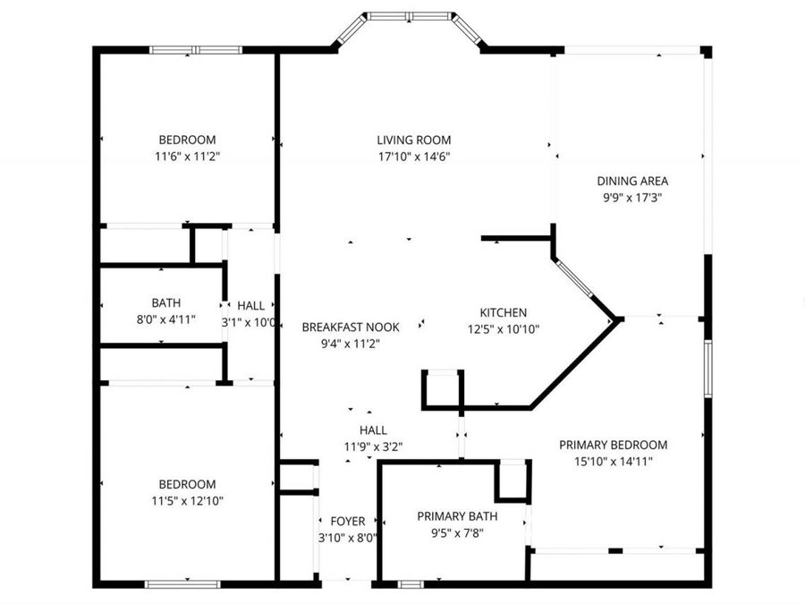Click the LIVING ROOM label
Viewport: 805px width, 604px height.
coord(414,140)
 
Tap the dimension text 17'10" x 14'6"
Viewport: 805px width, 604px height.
coord(414,157)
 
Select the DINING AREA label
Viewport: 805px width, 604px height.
coord(632,181)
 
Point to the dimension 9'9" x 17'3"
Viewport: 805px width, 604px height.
coord(632,198)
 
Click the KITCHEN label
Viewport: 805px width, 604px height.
coord(503,312)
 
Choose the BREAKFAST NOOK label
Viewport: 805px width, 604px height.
coord(351,328)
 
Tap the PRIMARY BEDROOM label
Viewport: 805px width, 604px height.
coord(614,445)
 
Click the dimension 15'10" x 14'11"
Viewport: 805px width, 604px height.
coord(614,461)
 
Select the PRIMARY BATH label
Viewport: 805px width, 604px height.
coord(457,516)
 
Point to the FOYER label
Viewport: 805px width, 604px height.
coord(348,522)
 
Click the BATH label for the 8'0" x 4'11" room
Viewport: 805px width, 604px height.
coord(165,302)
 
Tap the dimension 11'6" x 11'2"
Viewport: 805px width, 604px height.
coord(188,157)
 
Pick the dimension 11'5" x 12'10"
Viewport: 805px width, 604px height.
coord(188,501)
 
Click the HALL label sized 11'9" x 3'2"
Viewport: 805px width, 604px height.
coord(373,430)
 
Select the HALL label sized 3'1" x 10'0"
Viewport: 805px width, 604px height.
coord(251,306)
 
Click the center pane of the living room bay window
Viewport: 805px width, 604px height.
coord(410,16)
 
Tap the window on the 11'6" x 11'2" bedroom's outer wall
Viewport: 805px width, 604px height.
coord(196,50)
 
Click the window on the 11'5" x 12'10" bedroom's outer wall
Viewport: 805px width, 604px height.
coord(182,584)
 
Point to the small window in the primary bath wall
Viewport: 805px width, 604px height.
coord(411,584)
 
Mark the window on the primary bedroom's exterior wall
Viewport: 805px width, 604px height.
coord(708,369)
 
